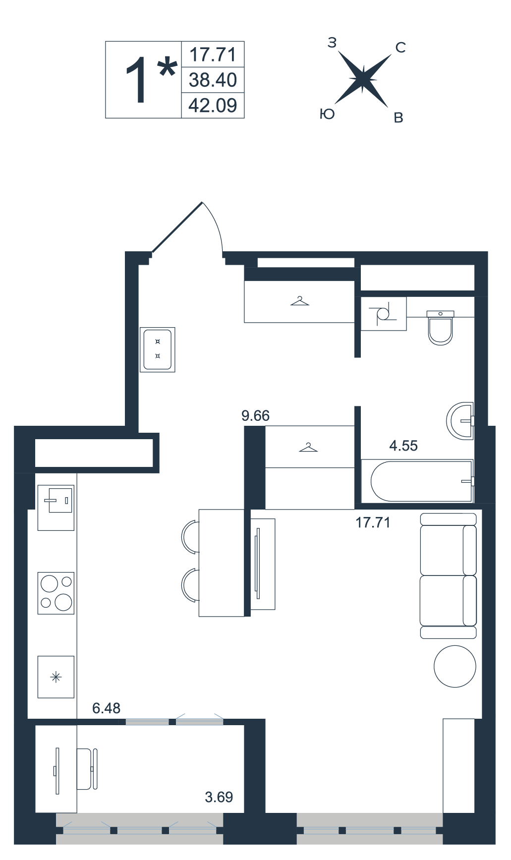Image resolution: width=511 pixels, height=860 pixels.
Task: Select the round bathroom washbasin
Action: click(x=460, y=421)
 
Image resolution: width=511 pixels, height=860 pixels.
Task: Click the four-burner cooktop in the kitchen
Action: click(x=56, y=593)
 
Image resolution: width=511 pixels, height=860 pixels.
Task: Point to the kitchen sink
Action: click(x=56, y=508)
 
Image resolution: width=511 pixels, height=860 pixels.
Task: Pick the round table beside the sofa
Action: click(x=455, y=666)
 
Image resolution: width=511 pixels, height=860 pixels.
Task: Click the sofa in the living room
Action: click(x=448, y=575)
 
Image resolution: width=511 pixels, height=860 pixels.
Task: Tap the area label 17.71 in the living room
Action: click(x=373, y=522)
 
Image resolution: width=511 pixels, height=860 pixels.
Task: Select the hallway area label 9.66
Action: click(x=256, y=415)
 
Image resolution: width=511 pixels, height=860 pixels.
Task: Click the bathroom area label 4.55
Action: click(x=403, y=446)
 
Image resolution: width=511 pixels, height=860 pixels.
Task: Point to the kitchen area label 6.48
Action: click(x=107, y=708)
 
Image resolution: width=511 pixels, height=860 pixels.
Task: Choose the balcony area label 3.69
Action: click(x=219, y=797)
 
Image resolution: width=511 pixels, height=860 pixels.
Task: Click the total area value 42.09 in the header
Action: click(x=213, y=106)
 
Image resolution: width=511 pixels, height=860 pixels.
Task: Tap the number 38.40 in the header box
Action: click(x=213, y=80)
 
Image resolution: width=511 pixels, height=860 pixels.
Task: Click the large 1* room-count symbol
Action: click(x=151, y=79)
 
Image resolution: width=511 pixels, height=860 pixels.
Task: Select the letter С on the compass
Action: click(x=400, y=48)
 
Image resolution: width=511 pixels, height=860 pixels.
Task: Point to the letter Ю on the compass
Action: click(x=327, y=114)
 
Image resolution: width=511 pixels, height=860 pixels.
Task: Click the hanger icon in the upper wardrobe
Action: click(x=300, y=300)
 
